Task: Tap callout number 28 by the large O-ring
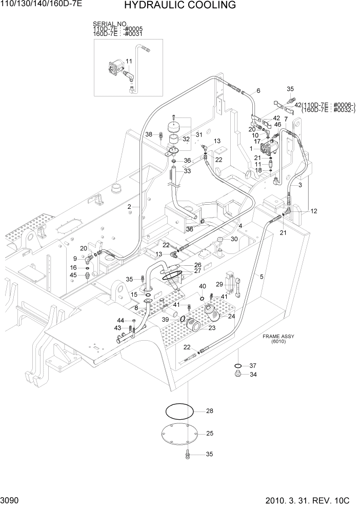tap(209, 411)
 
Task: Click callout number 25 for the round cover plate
tap(209, 434)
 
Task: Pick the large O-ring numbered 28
tap(179, 410)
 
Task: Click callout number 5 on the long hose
tap(262, 277)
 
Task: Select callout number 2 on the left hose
tap(130, 207)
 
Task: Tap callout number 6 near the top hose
tap(258, 91)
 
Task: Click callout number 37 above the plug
tap(252, 366)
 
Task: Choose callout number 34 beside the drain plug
tap(252, 375)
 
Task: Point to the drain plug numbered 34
tap(237, 375)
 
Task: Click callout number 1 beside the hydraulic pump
tap(251, 148)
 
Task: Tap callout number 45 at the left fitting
tap(73, 275)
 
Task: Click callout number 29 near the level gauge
tap(219, 284)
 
